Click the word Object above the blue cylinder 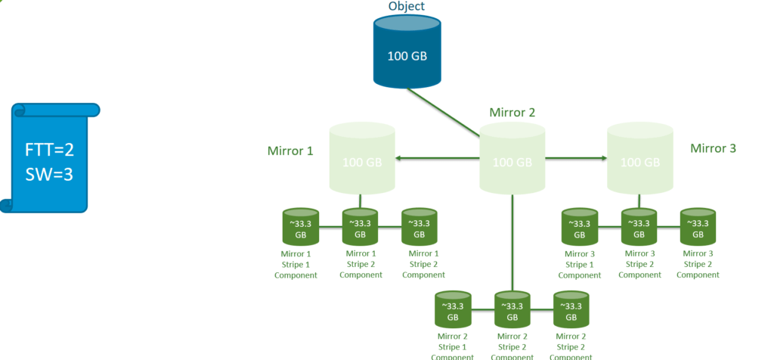click(x=406, y=7)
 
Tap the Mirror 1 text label click(x=289, y=151)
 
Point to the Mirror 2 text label click(x=512, y=113)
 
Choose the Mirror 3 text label click(x=713, y=148)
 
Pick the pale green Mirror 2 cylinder click(x=512, y=160)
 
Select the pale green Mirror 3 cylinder click(x=639, y=160)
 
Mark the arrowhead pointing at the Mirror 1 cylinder click(x=398, y=159)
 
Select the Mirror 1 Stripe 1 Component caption click(x=296, y=265)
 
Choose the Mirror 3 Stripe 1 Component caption click(x=579, y=265)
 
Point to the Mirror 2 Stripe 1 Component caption click(x=452, y=346)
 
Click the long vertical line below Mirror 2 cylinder click(x=512, y=242)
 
